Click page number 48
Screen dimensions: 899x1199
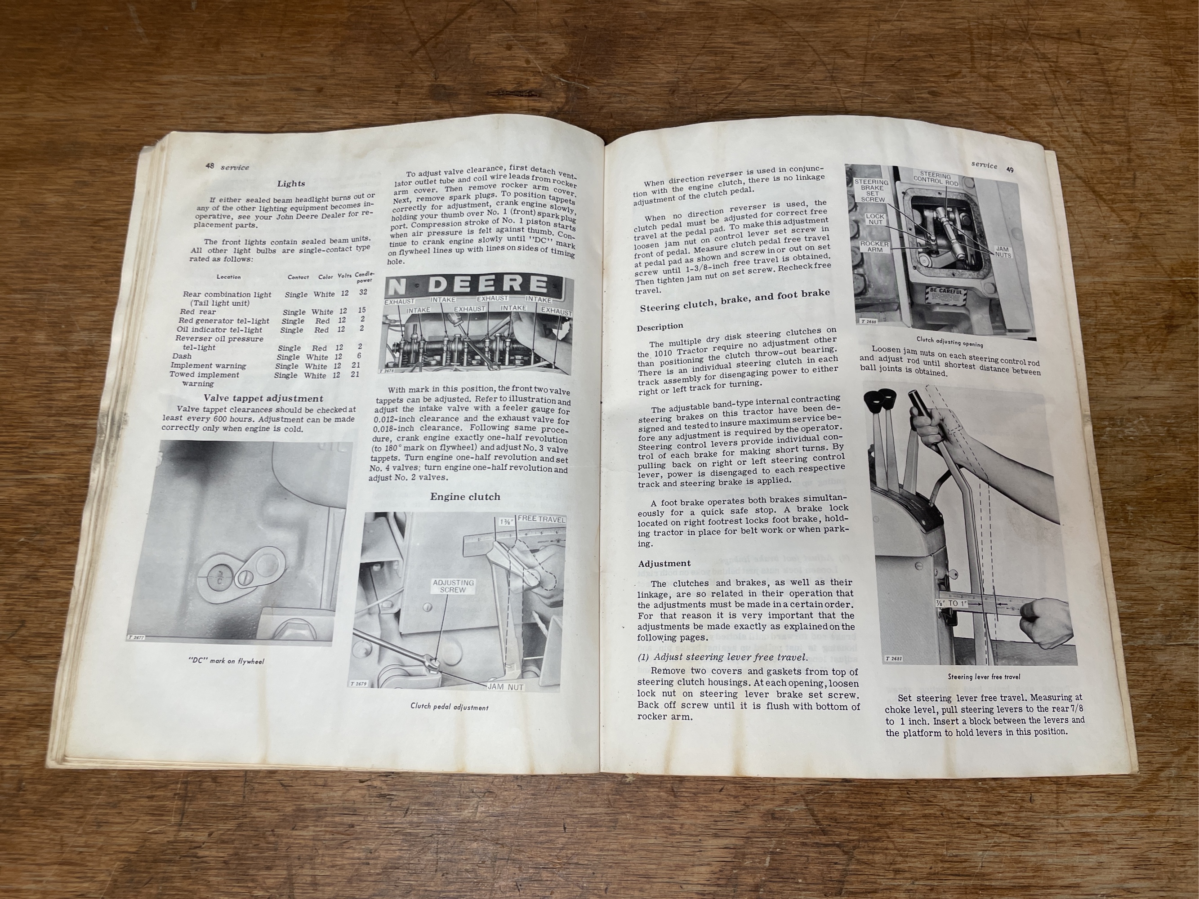click(209, 166)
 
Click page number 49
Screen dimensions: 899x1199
click(1010, 169)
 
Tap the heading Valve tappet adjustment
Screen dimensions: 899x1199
click(263, 398)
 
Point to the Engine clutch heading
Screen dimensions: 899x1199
click(465, 496)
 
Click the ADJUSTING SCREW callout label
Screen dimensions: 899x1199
click(453, 586)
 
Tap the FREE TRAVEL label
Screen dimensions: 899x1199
click(541, 519)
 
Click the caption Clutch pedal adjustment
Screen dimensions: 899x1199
click(450, 707)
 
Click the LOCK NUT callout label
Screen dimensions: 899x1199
click(874, 219)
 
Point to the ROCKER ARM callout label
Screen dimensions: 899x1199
click(874, 247)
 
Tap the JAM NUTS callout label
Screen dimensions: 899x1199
click(1003, 253)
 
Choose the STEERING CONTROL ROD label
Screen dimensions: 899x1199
click(936, 180)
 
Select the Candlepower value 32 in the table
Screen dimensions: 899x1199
click(363, 292)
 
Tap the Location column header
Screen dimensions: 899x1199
click(229, 277)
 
